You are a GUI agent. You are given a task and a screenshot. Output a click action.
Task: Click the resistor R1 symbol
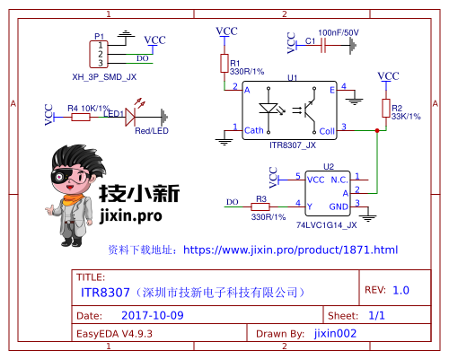[224, 63]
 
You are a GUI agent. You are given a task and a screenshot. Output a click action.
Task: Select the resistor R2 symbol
[386, 109]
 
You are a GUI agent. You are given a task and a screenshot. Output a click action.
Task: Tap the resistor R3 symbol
[261, 206]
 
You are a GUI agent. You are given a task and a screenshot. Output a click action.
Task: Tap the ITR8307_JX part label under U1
[293, 144]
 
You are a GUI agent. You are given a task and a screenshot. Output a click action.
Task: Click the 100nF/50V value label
[339, 32]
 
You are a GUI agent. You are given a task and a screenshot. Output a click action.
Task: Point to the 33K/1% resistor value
[407, 117]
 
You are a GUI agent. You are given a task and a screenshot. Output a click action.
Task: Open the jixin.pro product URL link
[289, 250]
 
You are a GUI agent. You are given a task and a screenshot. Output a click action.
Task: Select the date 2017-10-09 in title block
[152, 316]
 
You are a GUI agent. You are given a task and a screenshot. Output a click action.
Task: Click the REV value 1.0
[400, 290]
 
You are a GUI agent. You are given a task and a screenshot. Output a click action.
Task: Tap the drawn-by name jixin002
[336, 333]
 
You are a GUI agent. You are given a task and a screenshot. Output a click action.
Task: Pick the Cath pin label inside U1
[254, 130]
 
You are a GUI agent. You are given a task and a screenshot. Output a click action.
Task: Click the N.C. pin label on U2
[339, 180]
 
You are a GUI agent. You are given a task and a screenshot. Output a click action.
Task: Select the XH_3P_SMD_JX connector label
[104, 77]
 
